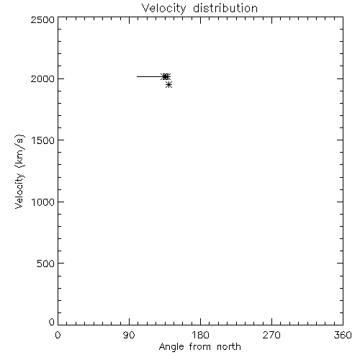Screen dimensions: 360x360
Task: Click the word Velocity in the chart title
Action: (164, 9)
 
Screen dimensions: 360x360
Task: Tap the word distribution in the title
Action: (225, 8)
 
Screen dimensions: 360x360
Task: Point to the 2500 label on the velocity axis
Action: (42, 19)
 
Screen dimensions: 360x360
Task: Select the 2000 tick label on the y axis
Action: (42, 78)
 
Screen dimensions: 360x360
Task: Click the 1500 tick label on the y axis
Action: (43, 140)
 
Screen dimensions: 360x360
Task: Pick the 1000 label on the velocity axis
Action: (43, 202)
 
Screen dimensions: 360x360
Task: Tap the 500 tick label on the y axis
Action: (46, 264)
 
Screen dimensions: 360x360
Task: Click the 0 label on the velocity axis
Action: (52, 322)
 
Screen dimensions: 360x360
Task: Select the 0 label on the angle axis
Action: (58, 335)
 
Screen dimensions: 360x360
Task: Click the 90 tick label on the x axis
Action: (129, 335)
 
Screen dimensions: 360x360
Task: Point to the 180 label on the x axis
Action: (200, 335)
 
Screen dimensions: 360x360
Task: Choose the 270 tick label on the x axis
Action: (271, 335)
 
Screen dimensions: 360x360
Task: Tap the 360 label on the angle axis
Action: (343, 335)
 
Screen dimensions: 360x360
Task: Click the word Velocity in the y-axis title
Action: (19, 191)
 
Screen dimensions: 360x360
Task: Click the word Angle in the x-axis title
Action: (171, 347)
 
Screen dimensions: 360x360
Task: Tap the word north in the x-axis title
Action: (229, 347)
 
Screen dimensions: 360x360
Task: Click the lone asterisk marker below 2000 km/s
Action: (168, 84)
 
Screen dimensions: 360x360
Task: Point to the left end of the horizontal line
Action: (137, 77)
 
